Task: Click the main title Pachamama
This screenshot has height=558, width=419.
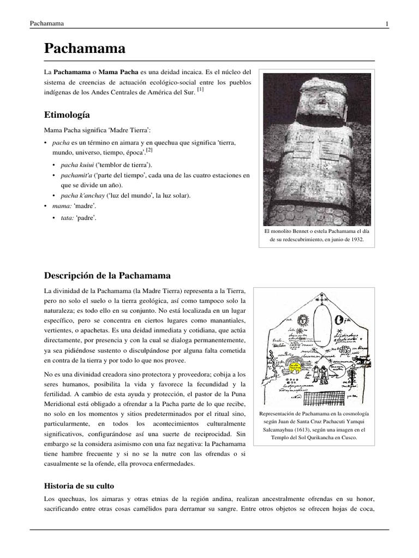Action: [x=85, y=48]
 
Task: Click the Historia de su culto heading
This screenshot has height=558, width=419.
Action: [x=79, y=486]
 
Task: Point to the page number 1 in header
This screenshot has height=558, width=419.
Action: [x=386, y=23]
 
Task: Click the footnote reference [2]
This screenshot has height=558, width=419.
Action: [x=149, y=149]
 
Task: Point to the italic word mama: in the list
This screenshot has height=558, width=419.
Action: [x=61, y=207]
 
